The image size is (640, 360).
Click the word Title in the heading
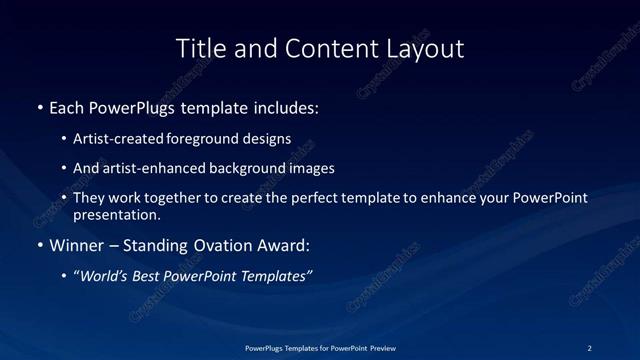[x=198, y=48]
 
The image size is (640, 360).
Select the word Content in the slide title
[x=320, y=48]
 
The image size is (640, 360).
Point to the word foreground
[x=214, y=138]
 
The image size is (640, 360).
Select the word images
[x=311, y=168]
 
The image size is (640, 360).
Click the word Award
[x=286, y=245]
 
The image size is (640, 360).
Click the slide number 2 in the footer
[x=589, y=347]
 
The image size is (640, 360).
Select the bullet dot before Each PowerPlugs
[x=40, y=107]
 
